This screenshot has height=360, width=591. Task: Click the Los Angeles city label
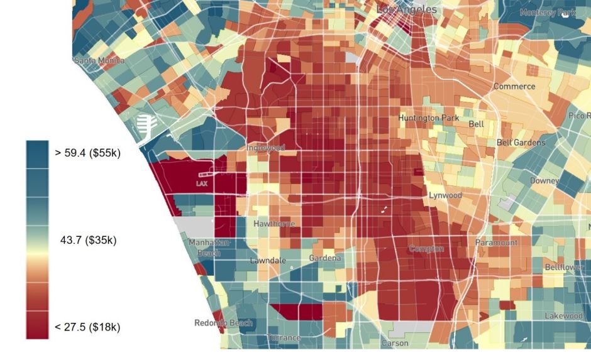[406, 9]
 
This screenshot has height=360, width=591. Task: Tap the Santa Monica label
[99, 61]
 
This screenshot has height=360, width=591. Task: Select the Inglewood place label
[265, 148]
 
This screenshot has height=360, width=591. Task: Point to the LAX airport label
[202, 183]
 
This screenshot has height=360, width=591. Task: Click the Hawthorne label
[273, 224]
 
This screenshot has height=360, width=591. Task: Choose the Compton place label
[426, 249]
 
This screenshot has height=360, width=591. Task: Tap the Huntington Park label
[429, 117]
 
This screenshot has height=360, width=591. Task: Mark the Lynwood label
[445, 195]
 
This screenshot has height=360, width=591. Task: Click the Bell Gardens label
[521, 143]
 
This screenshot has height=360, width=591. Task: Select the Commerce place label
[514, 86]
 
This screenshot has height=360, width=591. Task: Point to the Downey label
[544, 181]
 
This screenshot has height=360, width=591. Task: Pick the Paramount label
[496, 243]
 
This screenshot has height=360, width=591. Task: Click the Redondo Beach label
[223, 323]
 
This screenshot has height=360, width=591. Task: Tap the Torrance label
[284, 338]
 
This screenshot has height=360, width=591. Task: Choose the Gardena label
[325, 258]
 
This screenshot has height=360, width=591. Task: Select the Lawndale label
[268, 260]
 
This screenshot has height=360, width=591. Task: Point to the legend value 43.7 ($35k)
[88, 240]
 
